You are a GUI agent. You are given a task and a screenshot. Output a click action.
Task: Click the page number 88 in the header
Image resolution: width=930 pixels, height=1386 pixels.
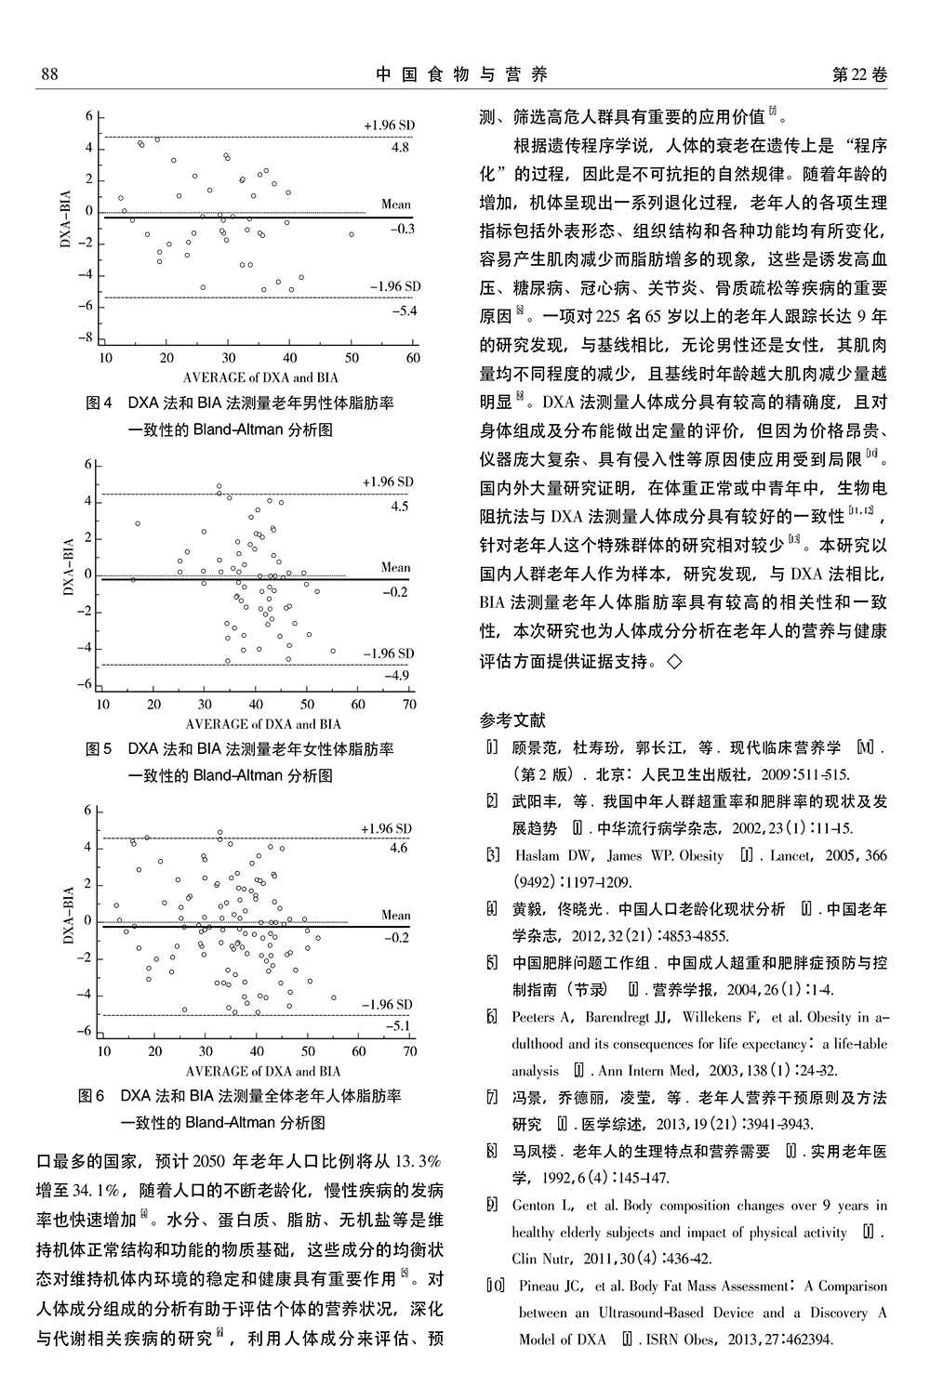click(49, 74)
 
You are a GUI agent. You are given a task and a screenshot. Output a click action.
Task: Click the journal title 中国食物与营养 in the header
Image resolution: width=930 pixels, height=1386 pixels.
click(462, 74)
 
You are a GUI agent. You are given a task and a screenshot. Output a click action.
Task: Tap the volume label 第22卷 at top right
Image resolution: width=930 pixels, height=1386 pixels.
click(860, 74)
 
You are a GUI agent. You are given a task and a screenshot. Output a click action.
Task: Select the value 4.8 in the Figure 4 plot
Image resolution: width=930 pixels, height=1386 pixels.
click(400, 147)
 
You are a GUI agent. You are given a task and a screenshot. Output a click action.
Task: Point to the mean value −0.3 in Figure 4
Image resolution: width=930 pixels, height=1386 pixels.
click(403, 229)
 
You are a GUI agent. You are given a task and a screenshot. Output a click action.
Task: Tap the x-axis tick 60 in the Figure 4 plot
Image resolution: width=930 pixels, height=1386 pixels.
click(413, 358)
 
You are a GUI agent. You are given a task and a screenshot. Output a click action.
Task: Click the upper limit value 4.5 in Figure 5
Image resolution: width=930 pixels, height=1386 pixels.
click(399, 507)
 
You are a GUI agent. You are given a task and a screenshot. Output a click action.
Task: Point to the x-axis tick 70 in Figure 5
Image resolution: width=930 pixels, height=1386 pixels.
click(409, 705)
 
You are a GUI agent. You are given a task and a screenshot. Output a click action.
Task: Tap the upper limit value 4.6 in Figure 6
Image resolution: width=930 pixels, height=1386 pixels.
click(398, 848)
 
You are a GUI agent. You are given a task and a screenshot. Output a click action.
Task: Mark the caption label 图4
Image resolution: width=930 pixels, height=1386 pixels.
click(99, 403)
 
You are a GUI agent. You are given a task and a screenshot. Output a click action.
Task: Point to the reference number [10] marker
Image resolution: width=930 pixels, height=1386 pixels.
click(495, 1287)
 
